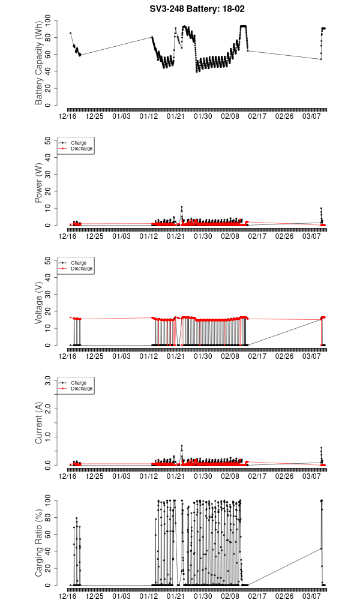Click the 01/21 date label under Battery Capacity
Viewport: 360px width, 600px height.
(x=175, y=116)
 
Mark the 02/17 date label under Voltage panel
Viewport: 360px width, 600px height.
(x=257, y=356)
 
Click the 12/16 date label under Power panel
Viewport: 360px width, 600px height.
(x=67, y=236)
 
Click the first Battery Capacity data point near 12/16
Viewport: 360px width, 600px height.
(x=70, y=33)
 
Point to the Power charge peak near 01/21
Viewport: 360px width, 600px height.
(x=182, y=206)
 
